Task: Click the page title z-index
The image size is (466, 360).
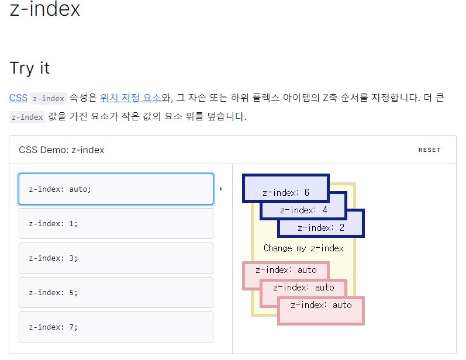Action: [45, 9]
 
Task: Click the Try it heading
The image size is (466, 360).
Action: [30, 68]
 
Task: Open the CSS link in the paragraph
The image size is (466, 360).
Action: [18, 98]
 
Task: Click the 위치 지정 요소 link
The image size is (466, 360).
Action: [130, 98]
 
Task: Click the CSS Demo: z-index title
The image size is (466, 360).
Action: [61, 150]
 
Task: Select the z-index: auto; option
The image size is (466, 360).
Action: [116, 189]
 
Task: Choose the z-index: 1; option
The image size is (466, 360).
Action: [116, 223]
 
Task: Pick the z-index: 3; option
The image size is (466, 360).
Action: [116, 258]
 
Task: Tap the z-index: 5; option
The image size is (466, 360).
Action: [116, 292]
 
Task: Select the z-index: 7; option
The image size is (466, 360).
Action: [116, 327]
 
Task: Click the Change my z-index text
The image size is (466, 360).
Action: [303, 248]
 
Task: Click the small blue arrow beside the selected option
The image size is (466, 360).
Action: [221, 189]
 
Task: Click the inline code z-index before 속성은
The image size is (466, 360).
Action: [48, 99]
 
